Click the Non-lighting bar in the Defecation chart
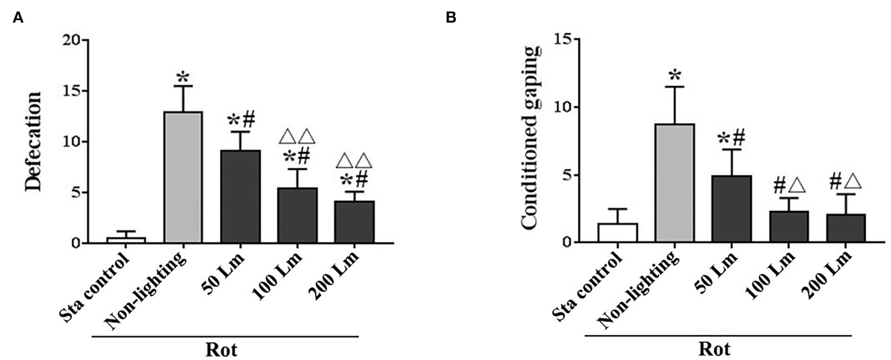point(184,177)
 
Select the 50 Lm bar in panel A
point(240,197)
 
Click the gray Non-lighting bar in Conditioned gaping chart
point(675,183)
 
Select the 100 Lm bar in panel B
point(788,227)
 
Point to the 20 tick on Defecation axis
point(72,40)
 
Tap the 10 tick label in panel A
point(72,142)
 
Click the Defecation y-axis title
point(33,141)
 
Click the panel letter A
point(18,18)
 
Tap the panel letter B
point(451,18)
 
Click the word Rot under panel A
point(221,349)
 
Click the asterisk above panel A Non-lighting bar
point(183,78)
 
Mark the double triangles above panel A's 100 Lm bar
point(297,136)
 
